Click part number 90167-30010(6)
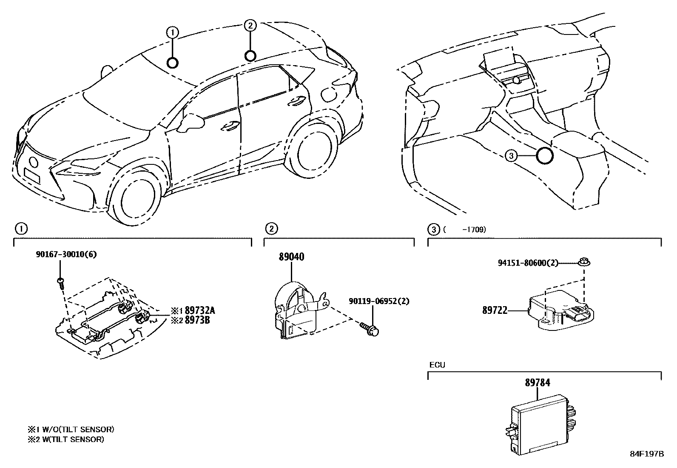66,255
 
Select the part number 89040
291,257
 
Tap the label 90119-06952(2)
379,301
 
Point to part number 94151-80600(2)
528,263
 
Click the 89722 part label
495,310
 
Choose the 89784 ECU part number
537,383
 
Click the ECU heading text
437,365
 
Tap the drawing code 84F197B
646,454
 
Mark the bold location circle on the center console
544,156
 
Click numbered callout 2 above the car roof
250,26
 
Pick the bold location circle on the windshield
172,63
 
